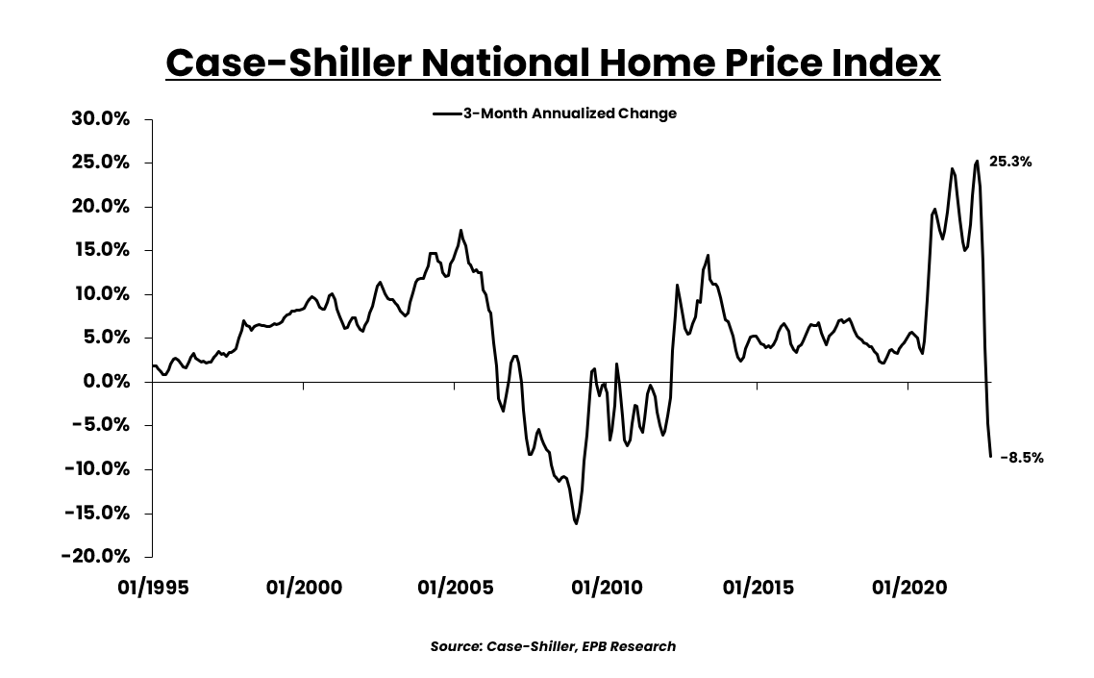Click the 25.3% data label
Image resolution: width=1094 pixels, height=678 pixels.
1010,163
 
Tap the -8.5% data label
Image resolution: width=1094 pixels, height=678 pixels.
1022,458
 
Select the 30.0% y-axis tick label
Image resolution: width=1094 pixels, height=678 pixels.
101,119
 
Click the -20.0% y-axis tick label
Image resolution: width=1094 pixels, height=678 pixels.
96,557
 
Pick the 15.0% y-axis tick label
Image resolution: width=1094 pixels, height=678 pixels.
102,250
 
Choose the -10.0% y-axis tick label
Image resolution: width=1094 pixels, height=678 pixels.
96,469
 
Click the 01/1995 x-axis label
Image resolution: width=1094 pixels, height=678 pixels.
154,588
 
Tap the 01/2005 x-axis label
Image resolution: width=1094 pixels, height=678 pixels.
456,588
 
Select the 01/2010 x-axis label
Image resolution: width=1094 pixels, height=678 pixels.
607,588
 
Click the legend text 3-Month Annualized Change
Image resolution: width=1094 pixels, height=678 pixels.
569,113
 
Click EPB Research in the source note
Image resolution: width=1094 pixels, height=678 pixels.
631,646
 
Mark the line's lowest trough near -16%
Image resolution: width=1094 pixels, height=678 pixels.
576,523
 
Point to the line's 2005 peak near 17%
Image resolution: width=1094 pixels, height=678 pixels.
460,231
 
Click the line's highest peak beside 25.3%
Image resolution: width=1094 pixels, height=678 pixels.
977,161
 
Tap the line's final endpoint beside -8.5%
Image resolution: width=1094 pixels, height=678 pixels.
990,456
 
